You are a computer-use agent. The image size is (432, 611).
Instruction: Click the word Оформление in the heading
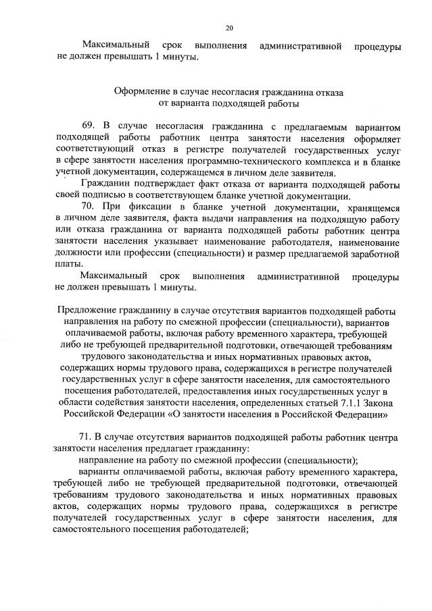[x=140, y=90]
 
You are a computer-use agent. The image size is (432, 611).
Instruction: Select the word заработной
[x=376, y=253]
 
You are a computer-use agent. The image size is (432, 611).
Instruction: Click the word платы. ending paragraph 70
[x=70, y=264]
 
